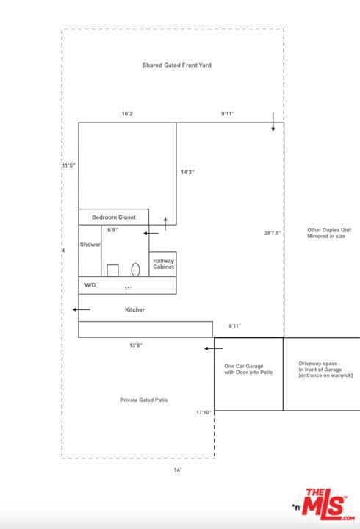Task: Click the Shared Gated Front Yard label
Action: (177, 65)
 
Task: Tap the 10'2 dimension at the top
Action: (127, 114)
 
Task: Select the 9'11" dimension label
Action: (229, 114)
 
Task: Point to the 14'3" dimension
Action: (187, 172)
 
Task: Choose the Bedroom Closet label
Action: (113, 217)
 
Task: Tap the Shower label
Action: (90, 245)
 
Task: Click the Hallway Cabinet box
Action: (163, 264)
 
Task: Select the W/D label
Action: (90, 284)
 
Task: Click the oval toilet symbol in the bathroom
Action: (136, 270)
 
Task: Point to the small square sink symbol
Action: (112, 270)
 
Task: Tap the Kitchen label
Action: (135, 310)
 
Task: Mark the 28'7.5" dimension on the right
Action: (272, 233)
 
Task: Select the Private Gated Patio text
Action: (144, 400)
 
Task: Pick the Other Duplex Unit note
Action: (326, 233)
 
